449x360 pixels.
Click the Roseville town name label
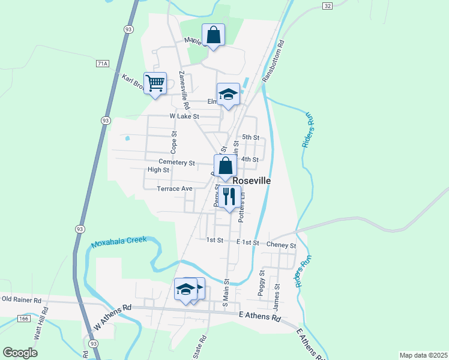pyautogui.click(x=252, y=180)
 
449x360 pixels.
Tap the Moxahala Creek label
pyautogui.click(x=119, y=242)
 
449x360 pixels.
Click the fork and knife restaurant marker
pyautogui.click(x=229, y=196)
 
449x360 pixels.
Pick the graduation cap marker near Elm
pyautogui.click(x=228, y=94)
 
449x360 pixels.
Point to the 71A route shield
pyautogui.click(x=103, y=63)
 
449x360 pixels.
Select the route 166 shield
pyautogui.click(x=23, y=318)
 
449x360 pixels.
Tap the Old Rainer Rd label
pyautogui.click(x=21, y=299)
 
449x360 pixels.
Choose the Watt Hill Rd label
pyautogui.click(x=41, y=325)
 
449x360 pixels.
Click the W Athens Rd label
pyautogui.click(x=112, y=317)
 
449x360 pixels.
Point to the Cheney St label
pyautogui.click(x=282, y=245)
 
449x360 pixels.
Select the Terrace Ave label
pyautogui.click(x=174, y=188)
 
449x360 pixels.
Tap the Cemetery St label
pyautogui.click(x=177, y=162)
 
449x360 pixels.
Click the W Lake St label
pyautogui.click(x=184, y=116)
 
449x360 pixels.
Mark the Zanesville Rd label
pyautogui.click(x=185, y=90)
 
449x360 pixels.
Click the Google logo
pyautogui.click(x=20, y=353)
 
